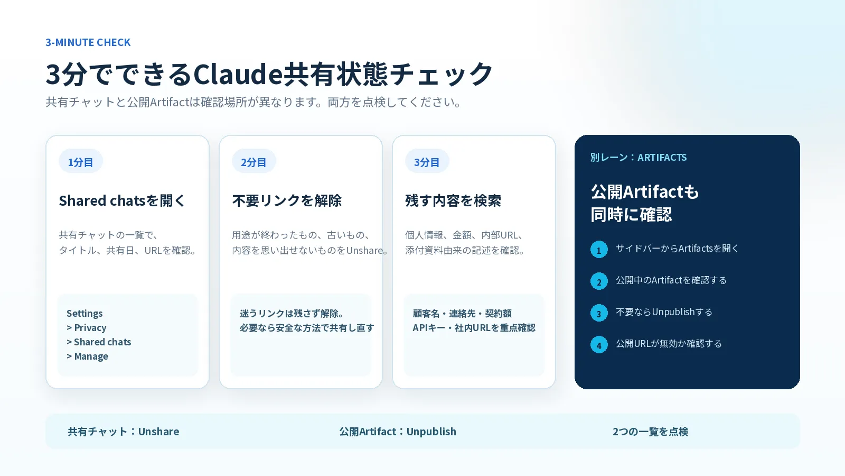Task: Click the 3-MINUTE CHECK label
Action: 88,42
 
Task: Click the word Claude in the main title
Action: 238,74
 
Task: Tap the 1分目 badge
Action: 81,162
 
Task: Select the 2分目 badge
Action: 254,162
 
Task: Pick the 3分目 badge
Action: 427,162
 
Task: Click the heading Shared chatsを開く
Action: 122,200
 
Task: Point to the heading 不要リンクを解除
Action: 287,200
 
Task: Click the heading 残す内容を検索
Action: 453,200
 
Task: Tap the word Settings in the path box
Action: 84,314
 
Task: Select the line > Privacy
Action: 87,327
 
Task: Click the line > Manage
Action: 87,356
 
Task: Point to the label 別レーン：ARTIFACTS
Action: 639,157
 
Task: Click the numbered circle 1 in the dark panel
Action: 599,250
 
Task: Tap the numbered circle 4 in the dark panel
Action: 599,345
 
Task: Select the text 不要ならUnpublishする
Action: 664,312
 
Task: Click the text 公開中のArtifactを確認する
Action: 671,280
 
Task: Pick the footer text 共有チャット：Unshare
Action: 124,432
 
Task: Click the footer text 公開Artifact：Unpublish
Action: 398,432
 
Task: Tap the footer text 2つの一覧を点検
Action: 650,432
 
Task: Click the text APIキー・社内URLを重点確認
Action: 474,327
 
